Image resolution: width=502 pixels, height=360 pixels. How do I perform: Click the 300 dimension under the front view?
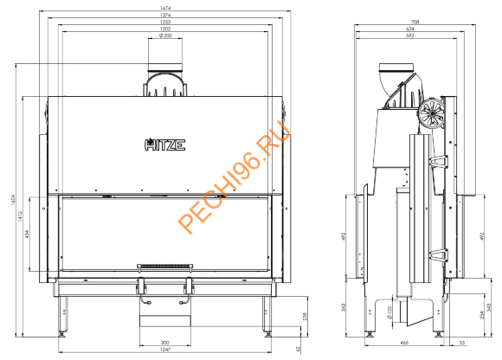point(164,342)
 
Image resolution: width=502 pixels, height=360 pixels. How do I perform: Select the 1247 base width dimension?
point(164,351)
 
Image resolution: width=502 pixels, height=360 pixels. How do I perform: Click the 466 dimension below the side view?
point(405,344)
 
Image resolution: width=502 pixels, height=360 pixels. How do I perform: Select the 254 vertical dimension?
point(479,316)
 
